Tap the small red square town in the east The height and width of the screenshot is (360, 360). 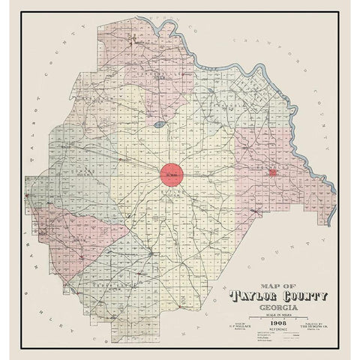[x=274, y=172]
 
